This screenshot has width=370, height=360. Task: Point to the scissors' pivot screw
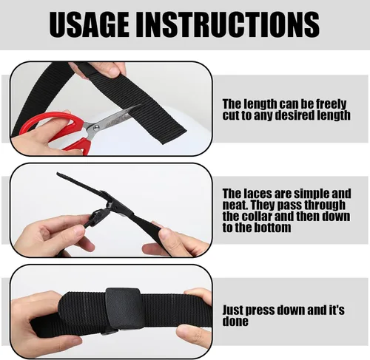(96, 127)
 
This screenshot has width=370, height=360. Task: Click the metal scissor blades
(111, 120)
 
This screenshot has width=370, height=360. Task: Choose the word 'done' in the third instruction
(235, 322)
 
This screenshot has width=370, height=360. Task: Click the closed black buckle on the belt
(124, 308)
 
